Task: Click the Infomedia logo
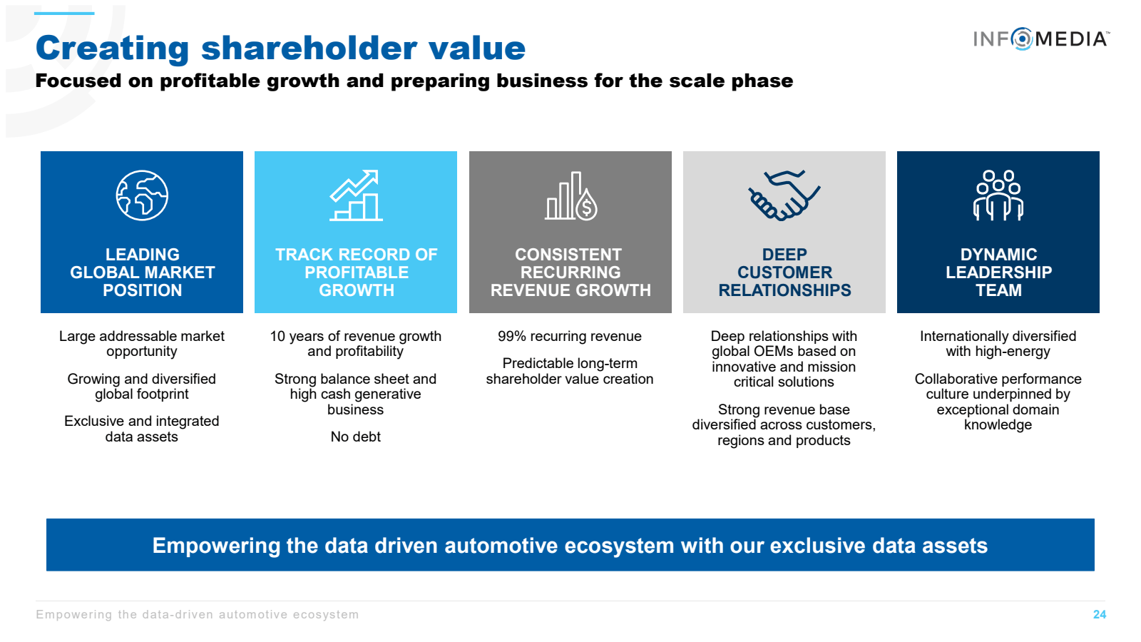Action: pos(1040,39)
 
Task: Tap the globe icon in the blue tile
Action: pos(142,195)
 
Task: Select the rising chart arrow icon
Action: pos(356,195)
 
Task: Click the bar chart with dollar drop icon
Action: pos(570,195)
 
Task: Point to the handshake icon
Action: pos(784,195)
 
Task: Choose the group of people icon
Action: pos(998,195)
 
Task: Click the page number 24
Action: pos(1099,614)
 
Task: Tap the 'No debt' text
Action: pos(356,437)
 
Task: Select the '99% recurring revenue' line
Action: pos(570,336)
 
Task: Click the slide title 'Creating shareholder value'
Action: pos(281,49)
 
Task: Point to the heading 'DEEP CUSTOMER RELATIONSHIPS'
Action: pos(784,272)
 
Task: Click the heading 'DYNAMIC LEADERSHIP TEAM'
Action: pos(998,272)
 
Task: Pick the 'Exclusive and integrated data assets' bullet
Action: pos(142,429)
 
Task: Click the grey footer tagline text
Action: pos(197,614)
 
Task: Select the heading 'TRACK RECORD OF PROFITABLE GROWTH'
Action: pos(356,272)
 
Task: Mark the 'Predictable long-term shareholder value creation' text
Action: pos(570,372)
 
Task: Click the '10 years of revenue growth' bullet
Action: pos(356,336)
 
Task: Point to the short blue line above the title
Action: pos(64,14)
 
